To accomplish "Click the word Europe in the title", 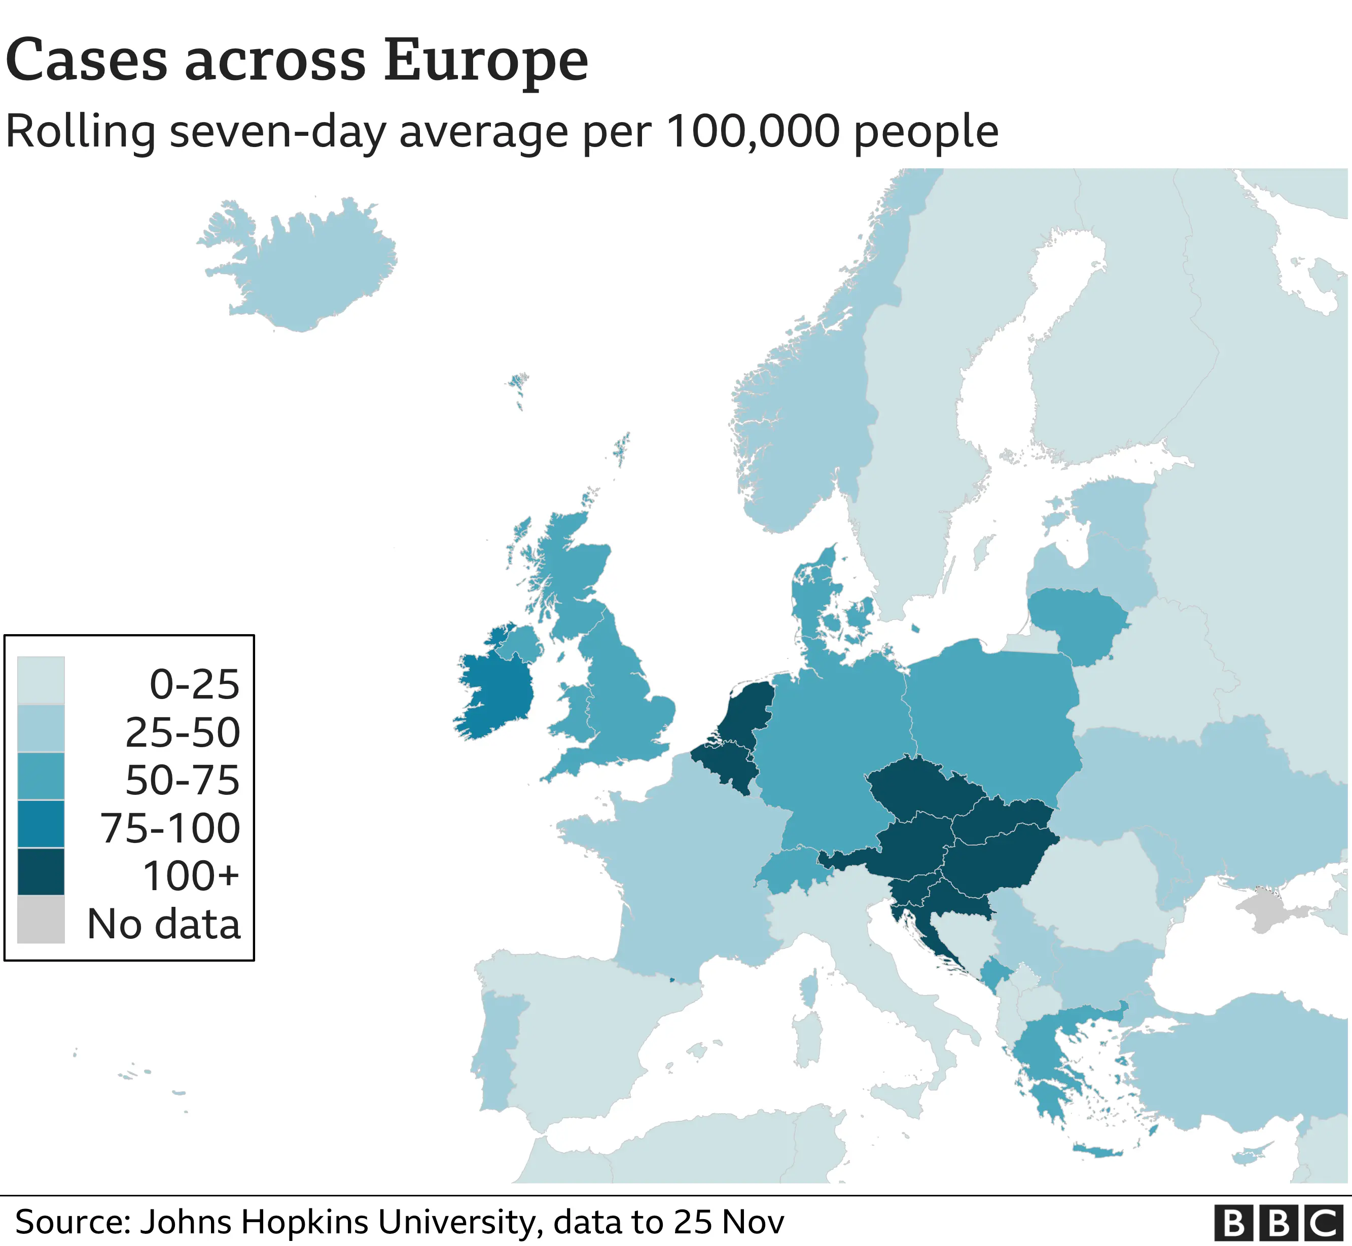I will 486,61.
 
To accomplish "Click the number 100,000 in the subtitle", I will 754,131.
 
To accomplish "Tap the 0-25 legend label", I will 194,684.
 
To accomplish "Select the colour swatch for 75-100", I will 41,823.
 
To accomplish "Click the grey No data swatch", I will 41,919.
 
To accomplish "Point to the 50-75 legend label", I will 182,780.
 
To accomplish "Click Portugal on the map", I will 496,1052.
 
